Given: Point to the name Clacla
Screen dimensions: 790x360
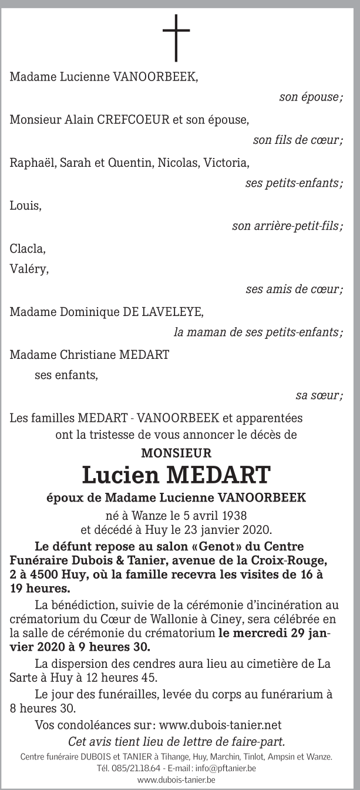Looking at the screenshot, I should (28, 248).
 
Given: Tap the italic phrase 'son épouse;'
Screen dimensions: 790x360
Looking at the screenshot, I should (311, 98).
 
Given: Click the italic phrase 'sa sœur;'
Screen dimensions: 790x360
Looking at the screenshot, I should (319, 396).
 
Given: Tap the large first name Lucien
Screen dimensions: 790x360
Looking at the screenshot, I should (122, 475).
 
